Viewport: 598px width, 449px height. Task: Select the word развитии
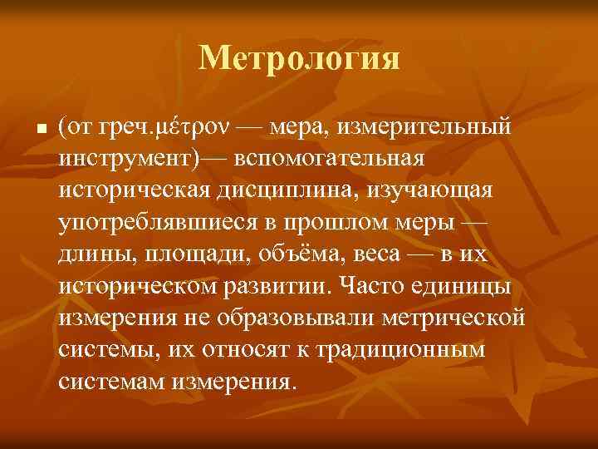[x=285, y=286]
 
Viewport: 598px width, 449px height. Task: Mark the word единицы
[x=472, y=286]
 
